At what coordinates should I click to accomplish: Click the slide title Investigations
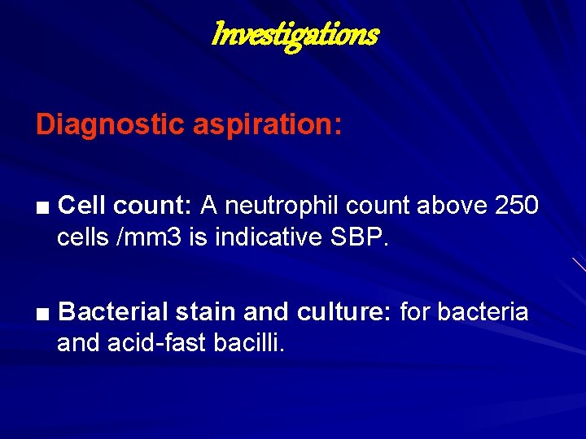[294, 35]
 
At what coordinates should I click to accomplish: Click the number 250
[516, 206]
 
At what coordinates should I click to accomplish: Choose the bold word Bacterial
[113, 312]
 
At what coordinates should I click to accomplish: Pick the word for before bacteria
[415, 312]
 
